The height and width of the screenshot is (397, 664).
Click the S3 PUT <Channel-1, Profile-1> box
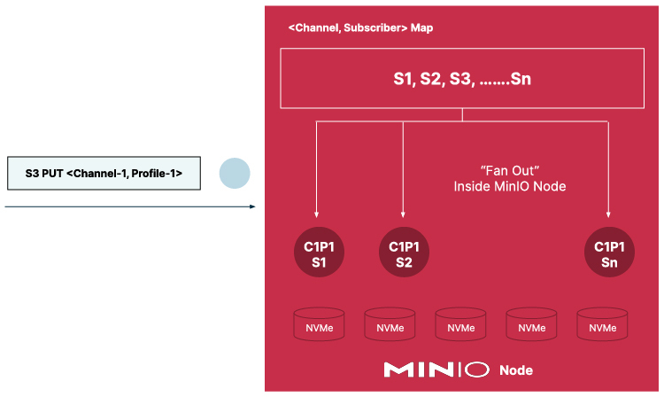click(104, 174)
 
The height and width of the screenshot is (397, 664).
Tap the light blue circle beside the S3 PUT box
click(235, 173)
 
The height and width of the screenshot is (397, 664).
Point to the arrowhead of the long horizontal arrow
click(252, 206)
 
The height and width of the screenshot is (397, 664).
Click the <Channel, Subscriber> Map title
click(360, 28)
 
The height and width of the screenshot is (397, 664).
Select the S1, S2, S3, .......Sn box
click(462, 79)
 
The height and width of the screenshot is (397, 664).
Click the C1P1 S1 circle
click(319, 254)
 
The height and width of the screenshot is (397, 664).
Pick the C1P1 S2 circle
click(403, 254)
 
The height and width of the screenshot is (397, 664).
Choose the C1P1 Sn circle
click(609, 254)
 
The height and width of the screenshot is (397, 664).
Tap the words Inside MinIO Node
click(509, 187)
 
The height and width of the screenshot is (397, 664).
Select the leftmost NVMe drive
click(319, 326)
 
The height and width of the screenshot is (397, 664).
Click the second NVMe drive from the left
click(390, 326)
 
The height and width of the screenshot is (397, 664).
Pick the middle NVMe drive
click(461, 326)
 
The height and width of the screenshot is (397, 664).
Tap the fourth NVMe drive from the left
click(532, 326)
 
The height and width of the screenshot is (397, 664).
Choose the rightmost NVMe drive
click(603, 326)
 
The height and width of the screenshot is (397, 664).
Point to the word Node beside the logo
click(516, 370)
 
